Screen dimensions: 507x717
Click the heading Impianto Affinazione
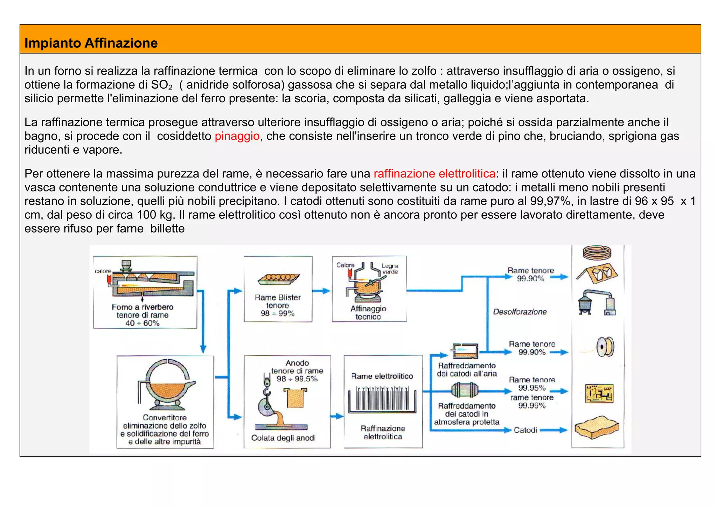pos(91,43)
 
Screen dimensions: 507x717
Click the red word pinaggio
pos(237,136)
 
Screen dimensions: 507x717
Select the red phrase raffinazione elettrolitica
pos(434,174)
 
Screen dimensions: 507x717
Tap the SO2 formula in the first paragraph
pos(161,85)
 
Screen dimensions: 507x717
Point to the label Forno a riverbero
pos(142,307)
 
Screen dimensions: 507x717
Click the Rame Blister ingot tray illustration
pos(279,279)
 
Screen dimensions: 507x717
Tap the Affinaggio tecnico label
pos(368,312)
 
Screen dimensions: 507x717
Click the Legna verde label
pos(390,269)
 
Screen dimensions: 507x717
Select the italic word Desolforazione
pos(520,312)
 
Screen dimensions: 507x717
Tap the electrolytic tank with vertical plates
pos(382,400)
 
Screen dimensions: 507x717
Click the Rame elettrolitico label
pos(382,376)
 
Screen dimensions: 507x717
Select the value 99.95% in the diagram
pos(532,388)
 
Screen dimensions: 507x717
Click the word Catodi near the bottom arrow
pos(525,430)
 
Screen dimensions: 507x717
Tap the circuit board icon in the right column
pos(599,393)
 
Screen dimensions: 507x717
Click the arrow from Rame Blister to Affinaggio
pos(321,291)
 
